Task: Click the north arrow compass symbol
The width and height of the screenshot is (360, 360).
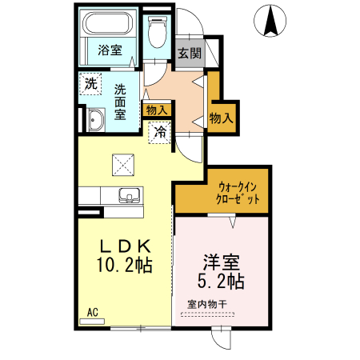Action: [x=271, y=20]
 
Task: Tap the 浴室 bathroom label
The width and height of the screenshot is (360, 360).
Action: [x=110, y=50]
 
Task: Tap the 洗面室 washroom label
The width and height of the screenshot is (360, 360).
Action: [x=120, y=102]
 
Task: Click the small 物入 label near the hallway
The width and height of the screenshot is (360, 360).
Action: [x=156, y=110]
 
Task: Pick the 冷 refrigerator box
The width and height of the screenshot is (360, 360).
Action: [x=160, y=131]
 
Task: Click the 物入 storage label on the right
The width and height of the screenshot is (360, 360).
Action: [x=221, y=118]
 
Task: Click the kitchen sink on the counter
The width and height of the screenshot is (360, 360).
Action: [x=128, y=195]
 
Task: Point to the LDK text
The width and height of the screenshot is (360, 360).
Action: [x=124, y=246]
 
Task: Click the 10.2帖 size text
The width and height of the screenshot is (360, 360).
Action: [x=124, y=264]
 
